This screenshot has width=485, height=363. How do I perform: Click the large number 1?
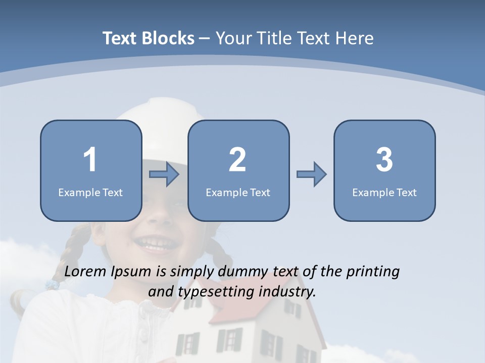(x=90, y=160)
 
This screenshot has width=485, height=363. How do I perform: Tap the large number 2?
(x=237, y=160)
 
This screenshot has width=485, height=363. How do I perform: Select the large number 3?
(x=384, y=160)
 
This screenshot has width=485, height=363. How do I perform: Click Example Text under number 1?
(x=90, y=192)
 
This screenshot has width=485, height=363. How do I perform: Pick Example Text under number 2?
(x=238, y=192)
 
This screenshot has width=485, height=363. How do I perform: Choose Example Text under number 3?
(x=384, y=192)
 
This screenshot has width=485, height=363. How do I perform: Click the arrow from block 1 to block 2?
(x=164, y=174)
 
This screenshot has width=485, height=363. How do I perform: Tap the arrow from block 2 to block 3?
(x=311, y=174)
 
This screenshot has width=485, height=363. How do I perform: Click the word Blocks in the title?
(x=169, y=38)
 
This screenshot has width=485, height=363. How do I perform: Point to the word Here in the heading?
(x=355, y=38)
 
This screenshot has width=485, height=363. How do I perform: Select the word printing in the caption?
(x=373, y=272)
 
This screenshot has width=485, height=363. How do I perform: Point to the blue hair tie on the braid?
(x=52, y=285)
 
